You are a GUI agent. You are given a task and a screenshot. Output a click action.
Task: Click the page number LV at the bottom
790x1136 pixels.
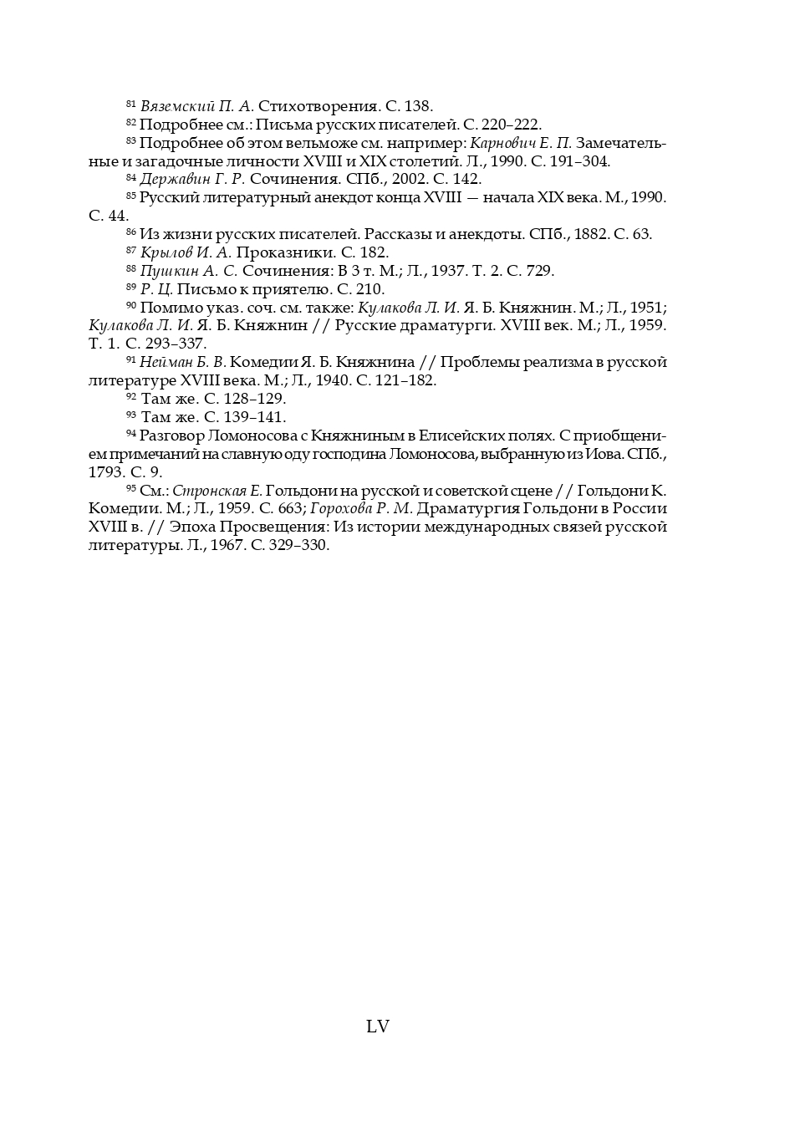(x=378, y=1026)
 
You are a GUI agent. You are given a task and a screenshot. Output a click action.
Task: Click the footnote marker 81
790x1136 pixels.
(x=130, y=104)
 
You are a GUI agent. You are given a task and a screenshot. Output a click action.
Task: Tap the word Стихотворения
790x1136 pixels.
(x=318, y=106)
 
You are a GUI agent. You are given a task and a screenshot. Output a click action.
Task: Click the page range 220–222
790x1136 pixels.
(x=510, y=125)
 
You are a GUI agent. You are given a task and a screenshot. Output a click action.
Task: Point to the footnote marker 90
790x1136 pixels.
(x=130, y=304)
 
